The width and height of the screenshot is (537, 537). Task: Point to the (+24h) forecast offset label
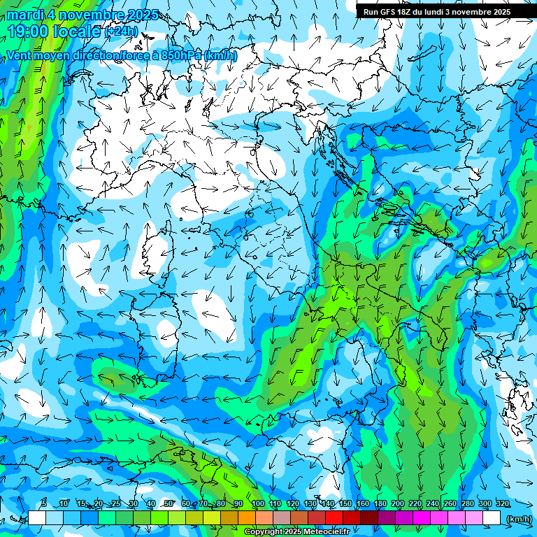point(121,31)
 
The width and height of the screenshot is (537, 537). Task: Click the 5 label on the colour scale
point(44,503)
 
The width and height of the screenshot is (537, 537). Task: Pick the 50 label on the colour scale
point(169,503)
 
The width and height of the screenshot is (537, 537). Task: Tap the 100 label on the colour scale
point(257,503)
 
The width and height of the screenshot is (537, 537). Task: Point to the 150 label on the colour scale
point(345,503)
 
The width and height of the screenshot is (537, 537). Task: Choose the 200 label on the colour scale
point(398,503)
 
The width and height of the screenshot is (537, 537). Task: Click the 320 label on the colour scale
point(502,503)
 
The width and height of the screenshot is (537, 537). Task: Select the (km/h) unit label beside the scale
point(518,518)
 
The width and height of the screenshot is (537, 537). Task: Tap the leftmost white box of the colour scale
point(37,517)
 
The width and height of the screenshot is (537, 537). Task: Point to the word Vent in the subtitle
point(20,55)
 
